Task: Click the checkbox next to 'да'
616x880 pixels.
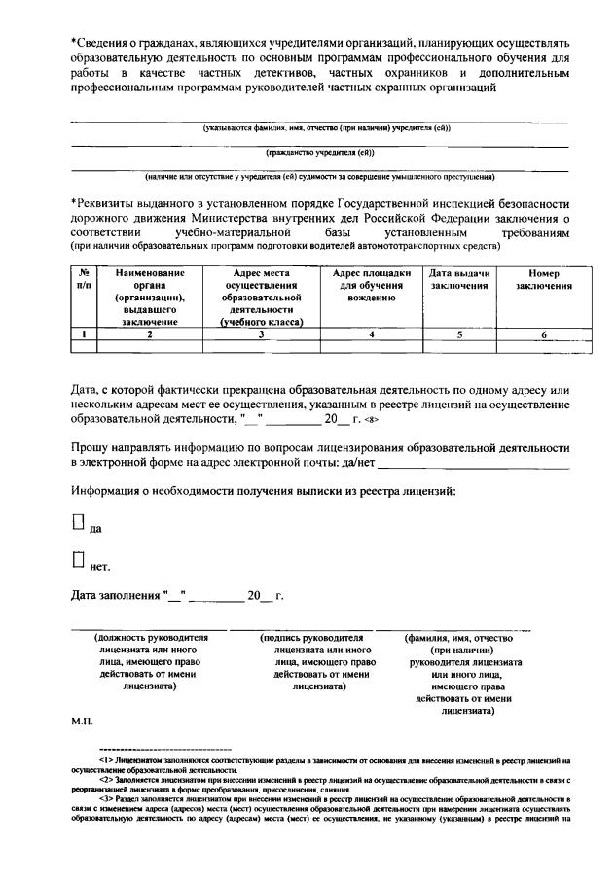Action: tap(78, 522)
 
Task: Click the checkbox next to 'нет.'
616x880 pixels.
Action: tap(78, 559)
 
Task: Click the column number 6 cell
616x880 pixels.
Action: tap(543, 334)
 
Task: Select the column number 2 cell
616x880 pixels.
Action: tap(149, 334)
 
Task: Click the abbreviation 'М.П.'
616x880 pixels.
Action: tap(81, 722)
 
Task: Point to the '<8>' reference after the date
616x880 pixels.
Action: tap(371, 420)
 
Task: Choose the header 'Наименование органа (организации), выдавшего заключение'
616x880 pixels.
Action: tap(149, 297)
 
